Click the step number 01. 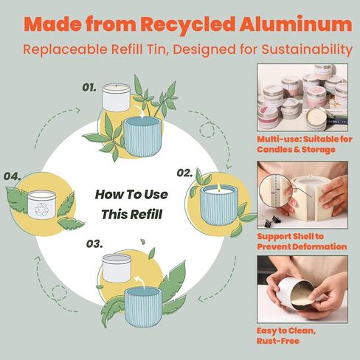tap(89, 88)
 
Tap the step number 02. tap(184, 173)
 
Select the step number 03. tap(94, 243)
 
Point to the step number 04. tap(12, 176)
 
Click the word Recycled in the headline tap(188, 24)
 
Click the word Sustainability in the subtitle tap(307, 49)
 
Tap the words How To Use tap(131, 195)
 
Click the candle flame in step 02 tap(218, 187)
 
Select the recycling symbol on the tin tap(41, 209)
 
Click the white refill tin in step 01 tap(116, 97)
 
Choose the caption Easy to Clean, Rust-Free tap(286, 336)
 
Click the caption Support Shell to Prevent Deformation tap(302, 241)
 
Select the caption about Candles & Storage tap(305, 145)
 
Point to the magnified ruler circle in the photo tap(277, 190)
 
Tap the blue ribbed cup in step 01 tap(142, 136)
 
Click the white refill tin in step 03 tap(117, 268)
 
